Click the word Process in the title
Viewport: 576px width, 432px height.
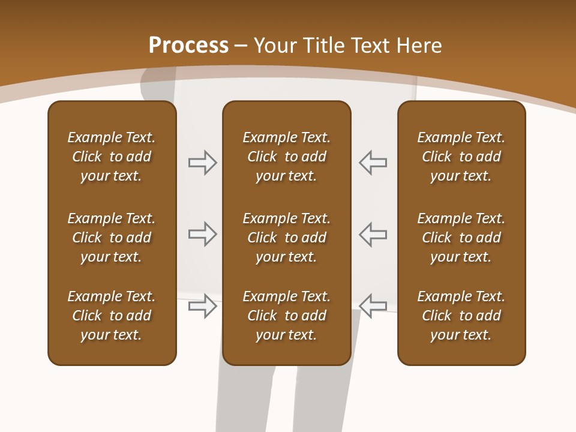point(188,46)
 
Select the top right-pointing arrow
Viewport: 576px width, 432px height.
point(202,163)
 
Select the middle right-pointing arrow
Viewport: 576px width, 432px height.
point(202,235)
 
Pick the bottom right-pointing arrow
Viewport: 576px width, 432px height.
point(202,307)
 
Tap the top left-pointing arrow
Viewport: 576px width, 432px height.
point(373,163)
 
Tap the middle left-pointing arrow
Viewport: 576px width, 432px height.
point(373,235)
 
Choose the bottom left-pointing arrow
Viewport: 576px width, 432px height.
point(373,305)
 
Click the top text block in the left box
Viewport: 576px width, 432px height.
point(112,157)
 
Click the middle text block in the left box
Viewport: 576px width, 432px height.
point(112,238)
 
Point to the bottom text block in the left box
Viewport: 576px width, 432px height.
point(112,316)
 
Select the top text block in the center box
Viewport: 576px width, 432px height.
point(287,157)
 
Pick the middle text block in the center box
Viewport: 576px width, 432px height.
point(287,238)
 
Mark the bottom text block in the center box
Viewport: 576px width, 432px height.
point(287,316)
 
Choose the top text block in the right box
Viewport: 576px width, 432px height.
point(461,157)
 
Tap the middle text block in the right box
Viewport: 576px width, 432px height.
point(461,238)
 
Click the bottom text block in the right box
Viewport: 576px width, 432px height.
point(461,316)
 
